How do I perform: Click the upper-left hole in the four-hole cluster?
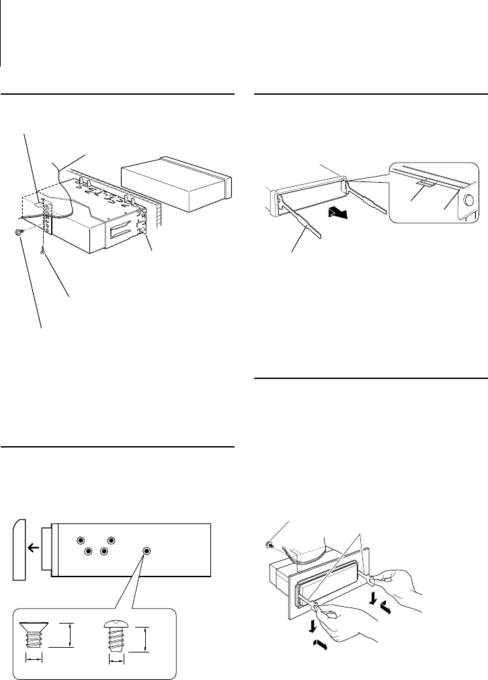point(80,540)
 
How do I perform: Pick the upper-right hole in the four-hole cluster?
point(112,540)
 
